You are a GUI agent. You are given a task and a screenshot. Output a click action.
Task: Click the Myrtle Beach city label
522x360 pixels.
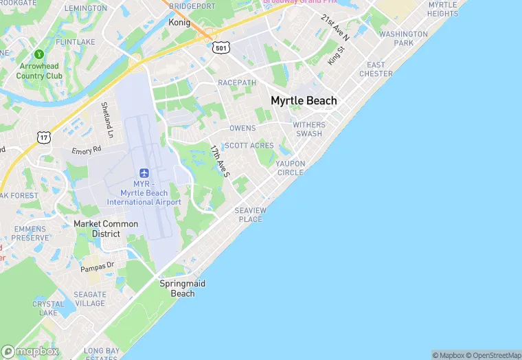(x=304, y=100)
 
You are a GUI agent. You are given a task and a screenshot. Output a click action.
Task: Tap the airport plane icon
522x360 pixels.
(x=144, y=172)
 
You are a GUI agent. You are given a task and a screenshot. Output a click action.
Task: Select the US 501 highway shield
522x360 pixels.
(x=220, y=47)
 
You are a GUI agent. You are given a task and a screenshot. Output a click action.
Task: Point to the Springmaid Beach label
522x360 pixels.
(x=183, y=289)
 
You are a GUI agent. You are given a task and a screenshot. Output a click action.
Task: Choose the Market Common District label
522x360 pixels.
(x=106, y=229)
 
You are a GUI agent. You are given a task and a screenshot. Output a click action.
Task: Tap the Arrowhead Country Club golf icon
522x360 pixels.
(x=39, y=54)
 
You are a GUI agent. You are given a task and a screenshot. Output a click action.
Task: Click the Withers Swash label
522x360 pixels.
(x=308, y=129)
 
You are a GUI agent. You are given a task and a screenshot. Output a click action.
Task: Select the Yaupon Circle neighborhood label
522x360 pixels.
(x=290, y=168)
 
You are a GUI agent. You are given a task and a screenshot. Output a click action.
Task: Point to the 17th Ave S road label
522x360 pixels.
(x=220, y=161)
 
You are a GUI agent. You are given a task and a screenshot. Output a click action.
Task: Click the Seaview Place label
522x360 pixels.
(x=250, y=214)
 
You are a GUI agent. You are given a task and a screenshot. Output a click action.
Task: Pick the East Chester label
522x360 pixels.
(x=376, y=69)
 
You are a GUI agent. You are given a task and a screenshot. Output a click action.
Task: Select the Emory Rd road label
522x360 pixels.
(x=87, y=150)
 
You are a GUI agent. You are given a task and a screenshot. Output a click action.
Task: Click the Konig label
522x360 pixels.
(x=179, y=22)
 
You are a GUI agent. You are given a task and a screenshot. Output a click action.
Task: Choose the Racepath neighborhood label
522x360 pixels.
(x=237, y=82)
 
